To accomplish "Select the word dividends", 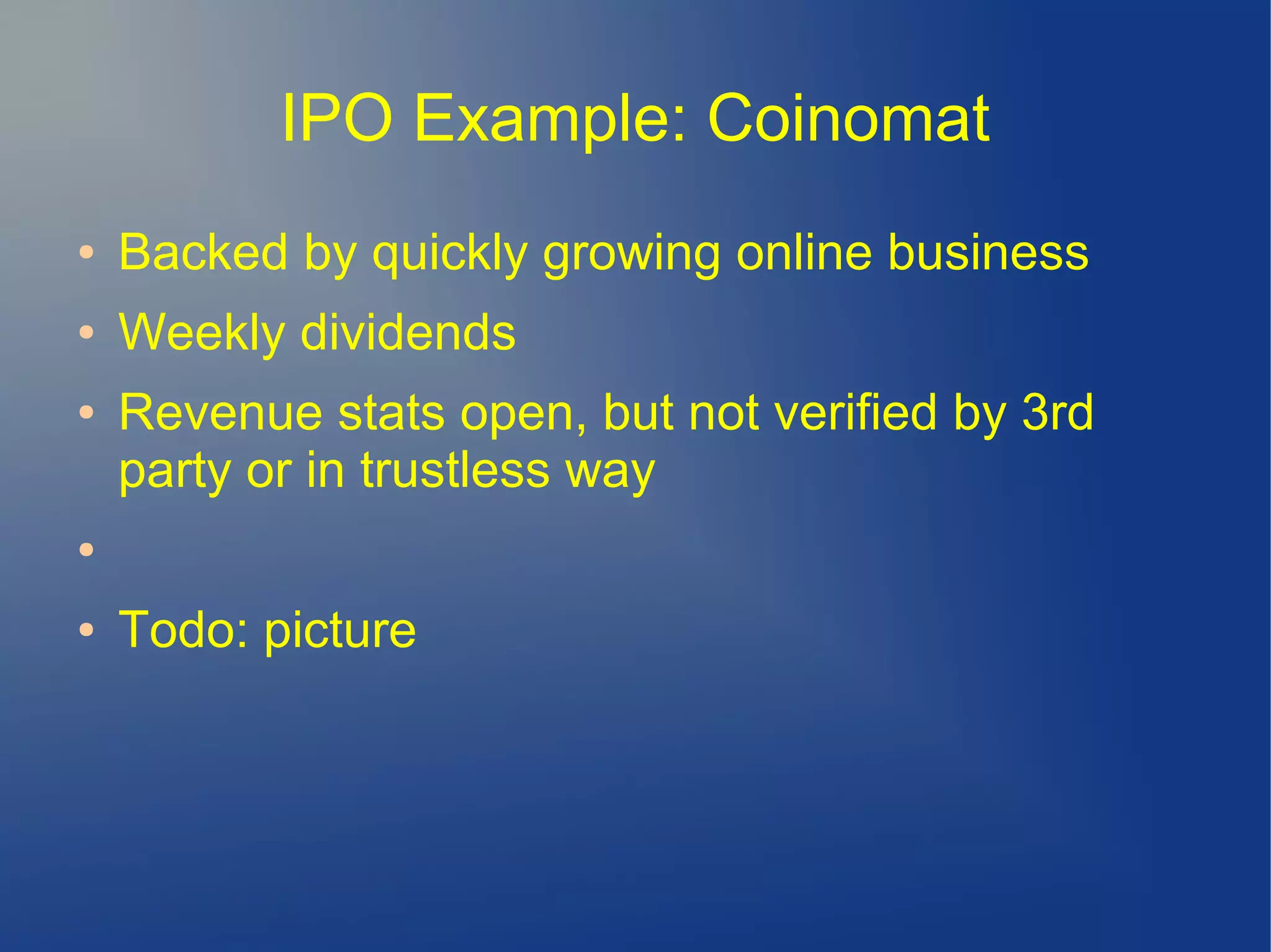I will point(408,332).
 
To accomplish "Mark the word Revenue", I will point(220,412).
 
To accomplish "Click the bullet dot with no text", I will point(87,549).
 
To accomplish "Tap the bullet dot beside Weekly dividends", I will point(87,332).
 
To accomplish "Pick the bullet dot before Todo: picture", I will point(87,629).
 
